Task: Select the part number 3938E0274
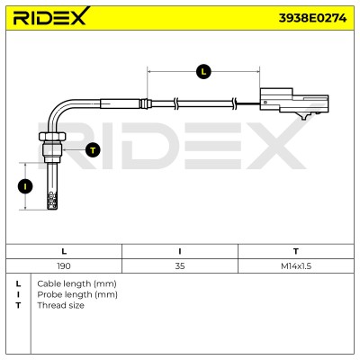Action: coord(312,18)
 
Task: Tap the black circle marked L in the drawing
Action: coord(203,72)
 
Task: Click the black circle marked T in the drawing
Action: coord(93,149)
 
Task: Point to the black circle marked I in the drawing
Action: coord(25,186)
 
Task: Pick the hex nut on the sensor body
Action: coord(52,137)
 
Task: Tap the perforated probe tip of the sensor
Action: coord(52,201)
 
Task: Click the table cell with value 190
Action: coord(64,266)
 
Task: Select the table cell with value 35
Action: coord(180,266)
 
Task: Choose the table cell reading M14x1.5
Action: coord(296,266)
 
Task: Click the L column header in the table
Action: coord(64,251)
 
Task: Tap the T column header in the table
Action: coord(296,251)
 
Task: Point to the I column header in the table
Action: coord(180,251)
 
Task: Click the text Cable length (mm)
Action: coord(76,283)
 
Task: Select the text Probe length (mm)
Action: coord(77,294)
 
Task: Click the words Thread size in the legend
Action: coord(60,305)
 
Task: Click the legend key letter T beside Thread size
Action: coord(19,305)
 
